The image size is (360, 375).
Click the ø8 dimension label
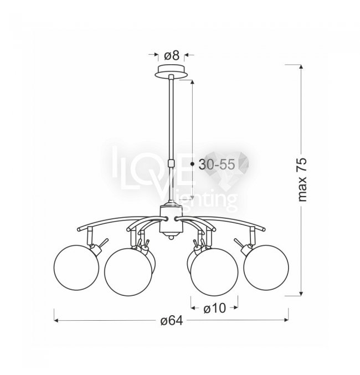(x=172, y=56)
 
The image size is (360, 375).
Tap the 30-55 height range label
(x=217, y=165)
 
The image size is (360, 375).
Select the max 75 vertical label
(x=302, y=179)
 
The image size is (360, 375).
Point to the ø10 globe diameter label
(x=214, y=309)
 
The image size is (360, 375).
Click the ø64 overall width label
(x=172, y=321)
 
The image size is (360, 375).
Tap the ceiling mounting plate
(x=171, y=71)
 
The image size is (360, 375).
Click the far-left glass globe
(x=76, y=268)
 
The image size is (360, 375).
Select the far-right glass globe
(x=266, y=268)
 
